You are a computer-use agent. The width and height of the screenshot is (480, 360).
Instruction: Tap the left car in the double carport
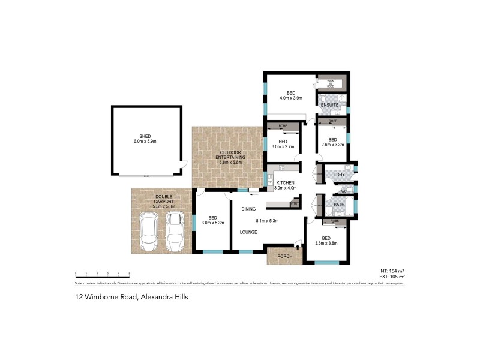148,233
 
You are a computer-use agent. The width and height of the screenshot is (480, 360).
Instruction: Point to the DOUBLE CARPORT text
164,197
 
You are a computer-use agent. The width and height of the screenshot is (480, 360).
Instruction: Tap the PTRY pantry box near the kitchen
295,204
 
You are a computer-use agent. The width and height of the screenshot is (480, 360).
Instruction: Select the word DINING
249,209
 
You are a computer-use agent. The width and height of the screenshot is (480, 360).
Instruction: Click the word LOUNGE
249,232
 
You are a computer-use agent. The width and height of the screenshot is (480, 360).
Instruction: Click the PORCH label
284,256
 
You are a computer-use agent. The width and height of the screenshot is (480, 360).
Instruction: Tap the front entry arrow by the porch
298,245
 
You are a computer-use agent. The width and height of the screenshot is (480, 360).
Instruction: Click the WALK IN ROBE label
330,83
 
